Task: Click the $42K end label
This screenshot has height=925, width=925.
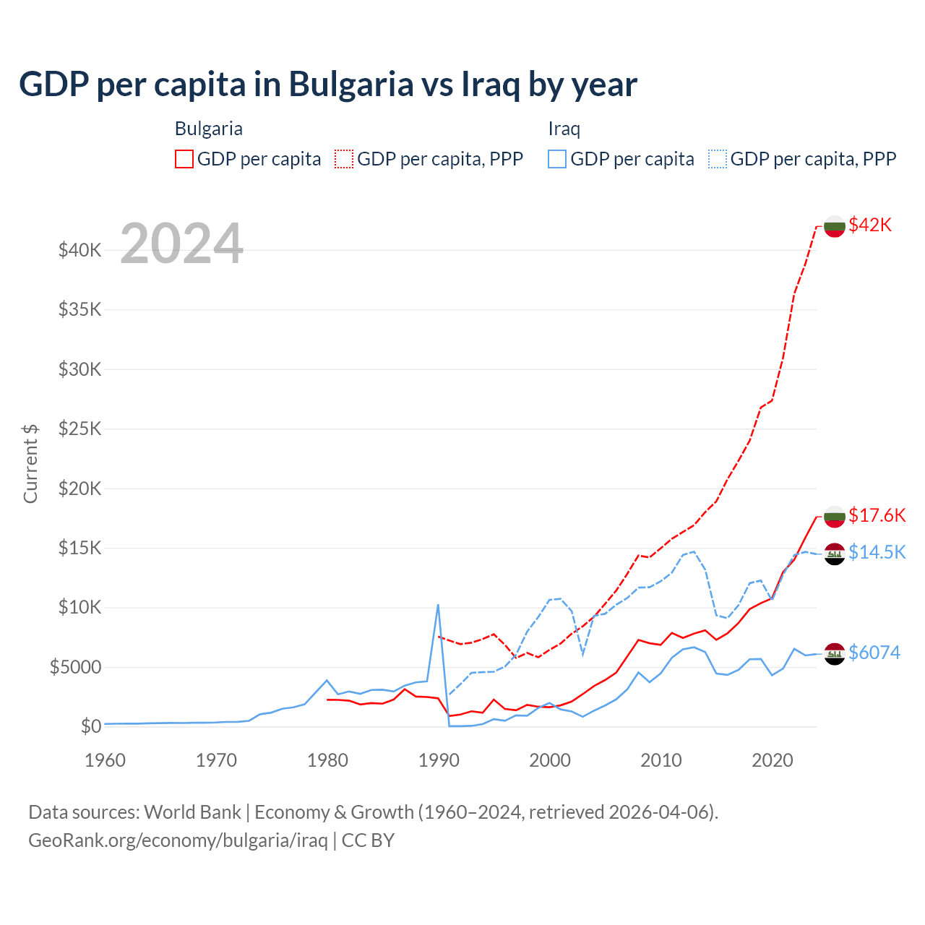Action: (870, 225)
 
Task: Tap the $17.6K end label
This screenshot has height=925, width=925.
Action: (877, 515)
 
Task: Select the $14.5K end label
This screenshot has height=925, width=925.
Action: (877, 552)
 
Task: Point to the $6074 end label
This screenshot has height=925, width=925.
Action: (874, 653)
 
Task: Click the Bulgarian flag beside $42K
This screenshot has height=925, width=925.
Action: (835, 226)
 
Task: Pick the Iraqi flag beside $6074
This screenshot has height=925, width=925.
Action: (835, 654)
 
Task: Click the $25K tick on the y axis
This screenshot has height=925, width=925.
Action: (80, 429)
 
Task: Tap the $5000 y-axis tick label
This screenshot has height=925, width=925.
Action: (76, 667)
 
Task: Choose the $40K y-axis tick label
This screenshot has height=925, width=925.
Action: (80, 251)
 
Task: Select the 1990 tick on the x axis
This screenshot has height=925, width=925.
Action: (439, 760)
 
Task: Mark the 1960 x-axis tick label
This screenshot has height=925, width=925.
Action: (106, 760)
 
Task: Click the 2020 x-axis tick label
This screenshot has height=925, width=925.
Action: (773, 760)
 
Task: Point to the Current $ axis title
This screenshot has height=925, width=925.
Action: (30, 463)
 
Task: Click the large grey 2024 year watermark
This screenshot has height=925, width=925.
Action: (181, 244)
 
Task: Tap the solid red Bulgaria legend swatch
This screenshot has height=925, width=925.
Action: (184, 159)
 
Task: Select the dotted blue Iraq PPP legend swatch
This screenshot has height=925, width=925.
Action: (718, 159)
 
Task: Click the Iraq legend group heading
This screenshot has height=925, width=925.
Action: (564, 129)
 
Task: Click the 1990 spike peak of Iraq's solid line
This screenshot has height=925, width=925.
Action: (438, 605)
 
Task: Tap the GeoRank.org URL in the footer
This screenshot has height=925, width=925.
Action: (178, 840)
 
